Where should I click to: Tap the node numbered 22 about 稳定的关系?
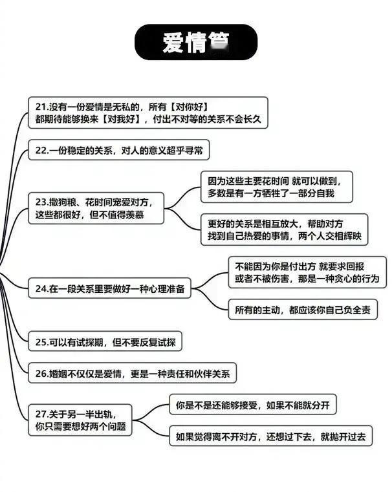pos(120,151)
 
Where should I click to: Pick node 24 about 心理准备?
pos(111,289)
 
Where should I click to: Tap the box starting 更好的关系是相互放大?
pos(284,230)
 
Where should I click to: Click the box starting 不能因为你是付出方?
pos(307,272)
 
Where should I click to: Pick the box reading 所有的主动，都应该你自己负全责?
pos(302,310)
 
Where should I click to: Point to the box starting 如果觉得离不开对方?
pos(270,437)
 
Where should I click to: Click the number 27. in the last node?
pos(43,413)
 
